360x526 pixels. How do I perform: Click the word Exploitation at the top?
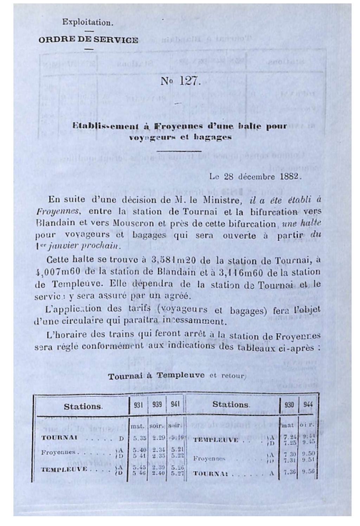coord(87,22)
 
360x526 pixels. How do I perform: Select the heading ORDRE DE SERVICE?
coord(88,40)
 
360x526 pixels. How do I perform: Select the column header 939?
coord(157,404)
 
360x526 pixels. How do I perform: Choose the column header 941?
coord(175,404)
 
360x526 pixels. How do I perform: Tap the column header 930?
coord(289,405)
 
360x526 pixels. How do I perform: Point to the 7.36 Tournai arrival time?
coord(289,472)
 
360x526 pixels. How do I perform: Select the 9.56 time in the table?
coord(308,472)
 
